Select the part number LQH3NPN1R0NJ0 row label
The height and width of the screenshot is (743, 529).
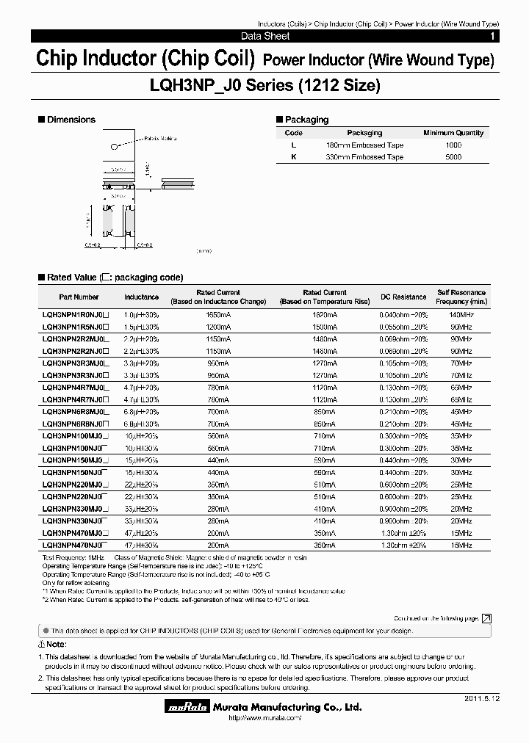coord(75,314)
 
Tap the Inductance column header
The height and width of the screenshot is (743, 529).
coord(141,297)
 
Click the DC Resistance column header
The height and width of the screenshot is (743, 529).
coord(403,297)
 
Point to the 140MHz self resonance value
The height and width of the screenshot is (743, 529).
coord(461,314)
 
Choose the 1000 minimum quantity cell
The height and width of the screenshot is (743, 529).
coord(453,145)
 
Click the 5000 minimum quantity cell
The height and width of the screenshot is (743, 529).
coord(453,157)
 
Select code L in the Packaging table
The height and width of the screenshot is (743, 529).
coord(293,145)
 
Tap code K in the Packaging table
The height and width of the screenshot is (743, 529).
coord(293,157)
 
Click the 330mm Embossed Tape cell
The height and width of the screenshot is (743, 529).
coord(364,157)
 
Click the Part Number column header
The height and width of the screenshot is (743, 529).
coord(79,297)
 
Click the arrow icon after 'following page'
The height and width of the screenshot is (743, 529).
coord(486,619)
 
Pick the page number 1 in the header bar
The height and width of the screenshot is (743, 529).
coord(492,36)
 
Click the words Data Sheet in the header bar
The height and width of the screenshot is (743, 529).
coord(265,36)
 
